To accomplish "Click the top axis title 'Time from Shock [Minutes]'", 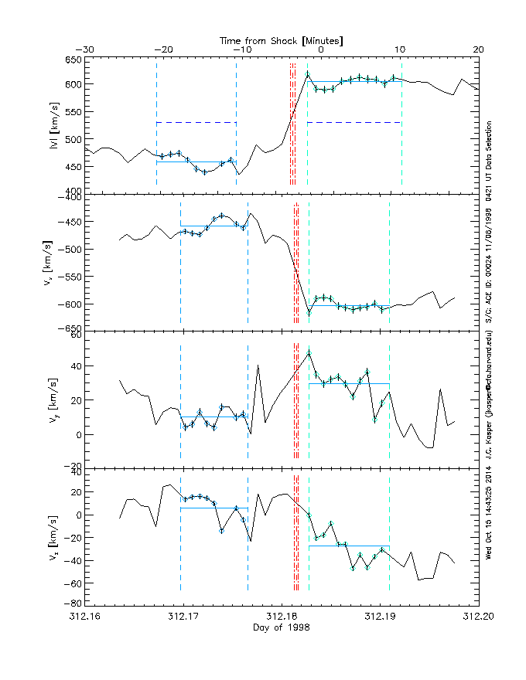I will pos(282,39).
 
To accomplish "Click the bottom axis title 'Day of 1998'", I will pos(282,627).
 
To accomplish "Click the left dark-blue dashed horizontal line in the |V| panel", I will pos(196,122).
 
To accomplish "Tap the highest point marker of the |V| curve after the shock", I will pos(308,75).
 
